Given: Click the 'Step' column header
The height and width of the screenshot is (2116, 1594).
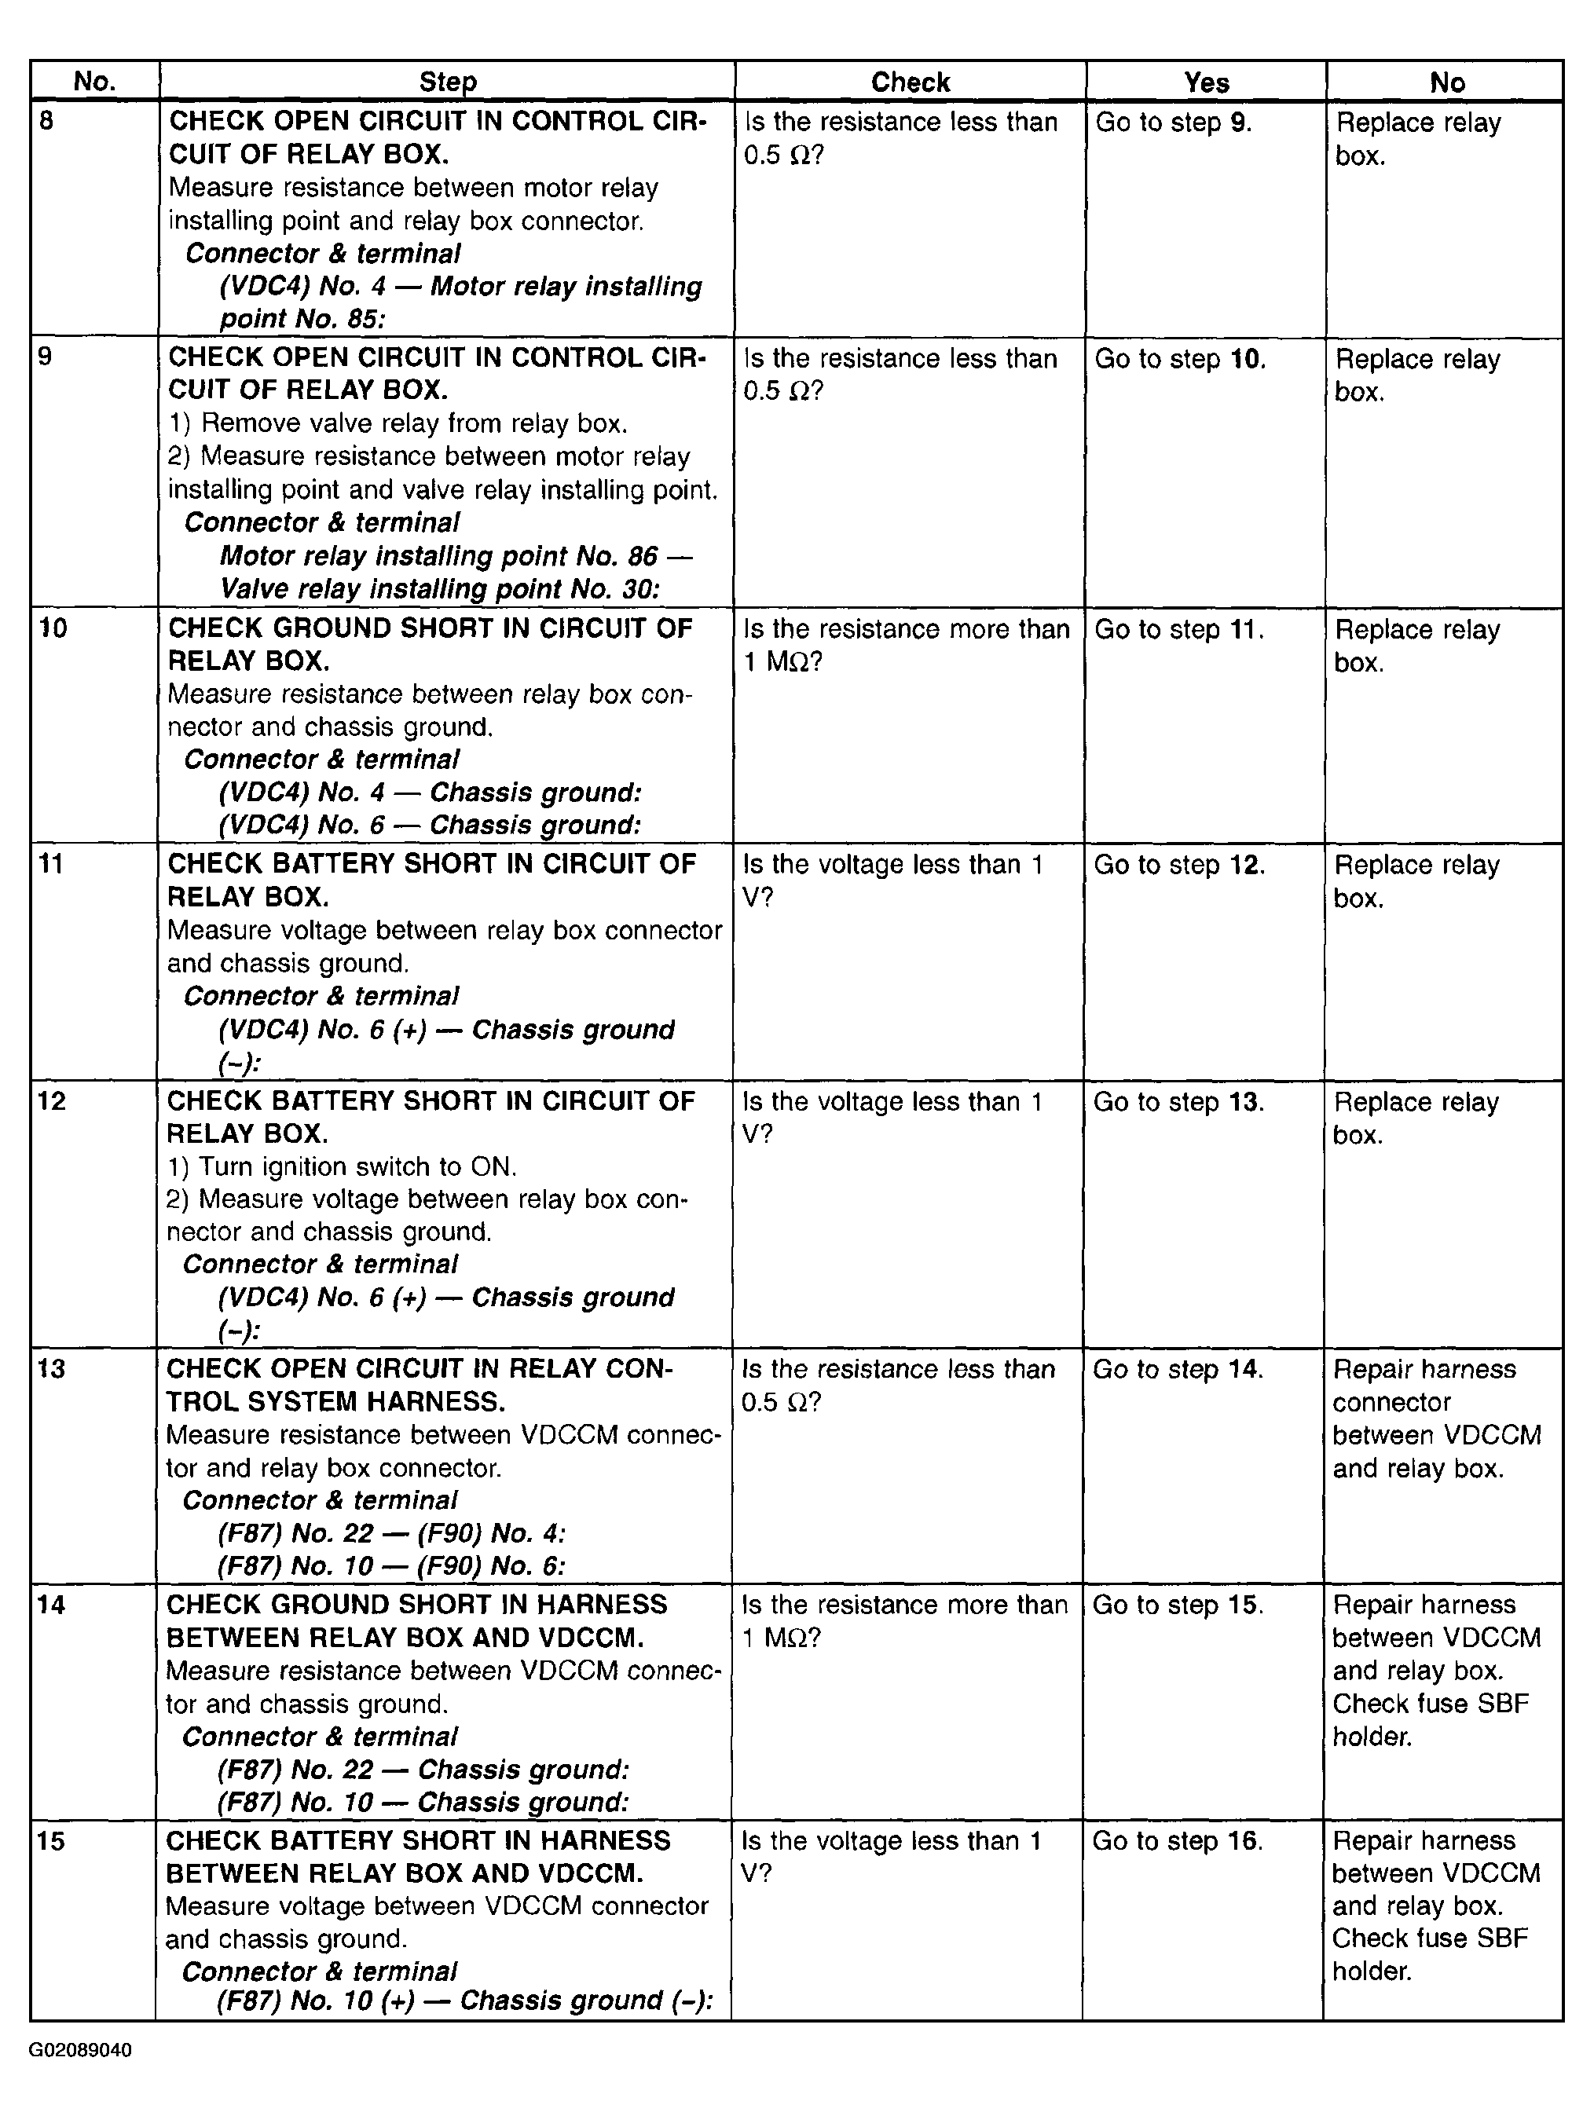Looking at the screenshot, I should (x=447, y=82).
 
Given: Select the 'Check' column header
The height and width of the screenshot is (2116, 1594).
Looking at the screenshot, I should (x=910, y=82).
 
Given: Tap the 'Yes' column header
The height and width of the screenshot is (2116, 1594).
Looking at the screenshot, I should (x=1206, y=82).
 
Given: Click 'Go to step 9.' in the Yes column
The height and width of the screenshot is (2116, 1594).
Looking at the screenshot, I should (x=1173, y=123).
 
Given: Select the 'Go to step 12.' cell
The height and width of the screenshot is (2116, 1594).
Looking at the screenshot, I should (x=1178, y=865).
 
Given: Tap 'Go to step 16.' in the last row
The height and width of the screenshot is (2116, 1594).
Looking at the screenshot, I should (x=1177, y=1840).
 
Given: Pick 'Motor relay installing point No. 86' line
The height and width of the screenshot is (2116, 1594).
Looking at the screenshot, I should (x=456, y=556).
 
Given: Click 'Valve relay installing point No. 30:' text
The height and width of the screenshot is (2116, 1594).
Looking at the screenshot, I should (x=440, y=588).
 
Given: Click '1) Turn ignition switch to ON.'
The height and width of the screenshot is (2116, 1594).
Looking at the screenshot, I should (x=342, y=1166).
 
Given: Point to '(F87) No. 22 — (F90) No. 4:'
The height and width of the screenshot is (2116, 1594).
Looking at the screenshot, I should (x=391, y=1533).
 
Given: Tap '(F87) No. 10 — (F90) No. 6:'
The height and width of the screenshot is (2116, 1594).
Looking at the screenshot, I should (x=391, y=1566).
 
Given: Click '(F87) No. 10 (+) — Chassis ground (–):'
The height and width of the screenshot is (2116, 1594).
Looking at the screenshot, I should (x=465, y=2001).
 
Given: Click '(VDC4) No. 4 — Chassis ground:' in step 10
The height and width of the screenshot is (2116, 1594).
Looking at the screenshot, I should (x=431, y=792).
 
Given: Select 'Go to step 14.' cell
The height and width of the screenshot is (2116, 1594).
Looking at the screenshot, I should (x=1178, y=1369).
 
